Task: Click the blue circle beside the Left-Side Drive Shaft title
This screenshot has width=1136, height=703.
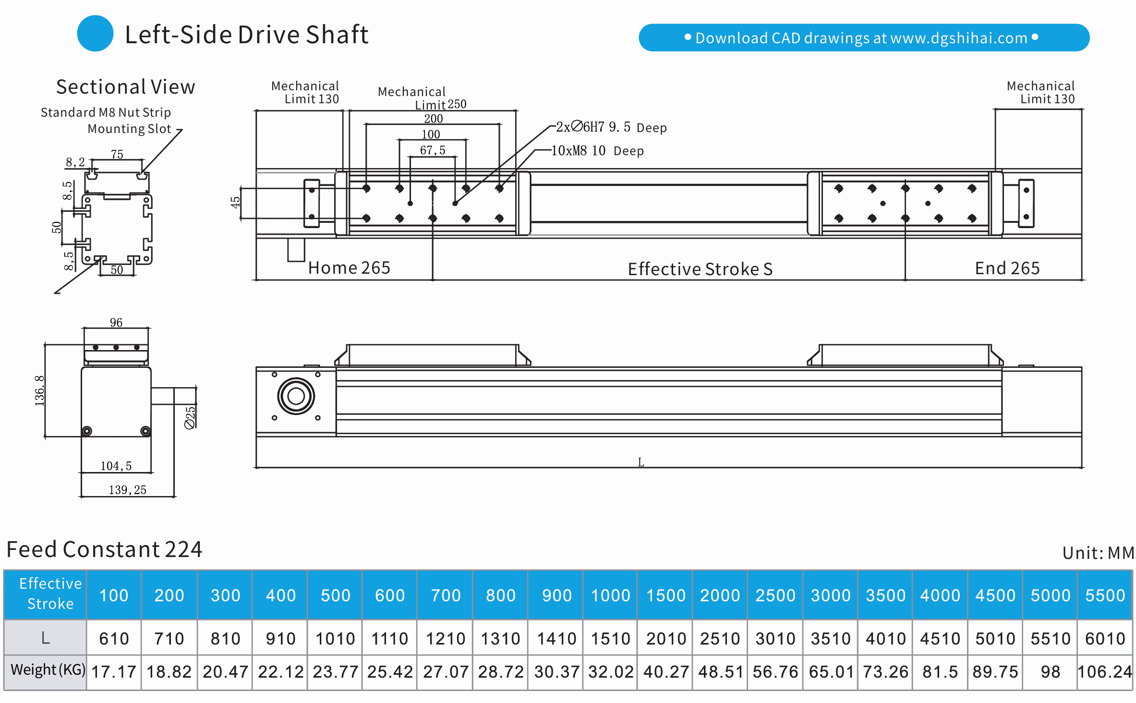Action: [95, 34]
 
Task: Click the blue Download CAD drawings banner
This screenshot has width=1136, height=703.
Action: [863, 37]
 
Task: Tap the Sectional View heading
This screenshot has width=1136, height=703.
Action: [125, 87]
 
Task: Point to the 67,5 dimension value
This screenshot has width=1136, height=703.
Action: [433, 150]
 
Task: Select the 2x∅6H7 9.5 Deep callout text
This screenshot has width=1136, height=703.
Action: [611, 127]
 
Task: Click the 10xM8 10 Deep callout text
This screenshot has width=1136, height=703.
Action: [597, 151]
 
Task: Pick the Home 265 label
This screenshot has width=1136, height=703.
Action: [349, 267]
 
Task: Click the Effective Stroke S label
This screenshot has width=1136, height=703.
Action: [700, 269]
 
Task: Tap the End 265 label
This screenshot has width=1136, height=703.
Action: [1007, 268]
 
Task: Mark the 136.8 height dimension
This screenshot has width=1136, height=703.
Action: [39, 391]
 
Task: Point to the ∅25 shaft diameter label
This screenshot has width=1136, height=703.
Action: [190, 417]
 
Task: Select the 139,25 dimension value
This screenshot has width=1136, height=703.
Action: [127, 490]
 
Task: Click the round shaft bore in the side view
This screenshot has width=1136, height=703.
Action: [296, 396]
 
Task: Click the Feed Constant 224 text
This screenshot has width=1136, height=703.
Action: [104, 549]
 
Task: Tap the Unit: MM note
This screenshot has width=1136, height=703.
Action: [1098, 553]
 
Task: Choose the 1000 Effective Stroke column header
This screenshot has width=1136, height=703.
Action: [610, 595]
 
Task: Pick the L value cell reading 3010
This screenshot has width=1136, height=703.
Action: [775, 639]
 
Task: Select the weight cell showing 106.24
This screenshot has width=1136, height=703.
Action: [1105, 672]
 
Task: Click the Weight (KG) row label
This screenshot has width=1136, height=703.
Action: [47, 669]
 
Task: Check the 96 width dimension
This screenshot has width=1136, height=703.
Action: [116, 322]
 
